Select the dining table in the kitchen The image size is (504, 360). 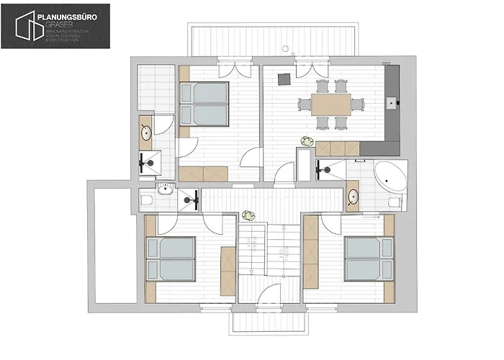click(x=332, y=105)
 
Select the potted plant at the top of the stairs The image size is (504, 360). click(x=250, y=215)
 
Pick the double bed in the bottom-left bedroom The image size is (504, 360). click(x=171, y=259)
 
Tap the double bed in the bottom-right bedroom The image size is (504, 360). click(x=369, y=258)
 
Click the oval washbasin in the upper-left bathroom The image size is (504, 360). click(x=146, y=132)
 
